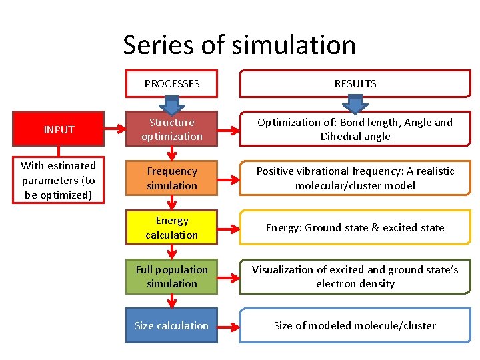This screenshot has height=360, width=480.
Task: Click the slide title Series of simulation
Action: [x=239, y=45]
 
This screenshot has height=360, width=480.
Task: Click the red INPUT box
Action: [x=59, y=129]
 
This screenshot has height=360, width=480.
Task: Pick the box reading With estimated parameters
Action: [x=59, y=180]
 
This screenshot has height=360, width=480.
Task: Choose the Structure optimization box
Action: [x=172, y=129]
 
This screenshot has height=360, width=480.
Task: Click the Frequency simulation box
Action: [x=172, y=179]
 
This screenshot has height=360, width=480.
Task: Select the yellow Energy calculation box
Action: [x=172, y=227]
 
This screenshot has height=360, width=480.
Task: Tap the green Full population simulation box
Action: [x=172, y=277]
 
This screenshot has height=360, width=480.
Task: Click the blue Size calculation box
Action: [x=172, y=325]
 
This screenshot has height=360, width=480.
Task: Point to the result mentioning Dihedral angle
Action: [x=355, y=129]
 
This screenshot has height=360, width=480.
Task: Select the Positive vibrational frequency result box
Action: [x=355, y=179]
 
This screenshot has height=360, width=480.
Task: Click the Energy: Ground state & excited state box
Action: [x=355, y=227]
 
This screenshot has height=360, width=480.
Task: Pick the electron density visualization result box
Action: [x=355, y=277]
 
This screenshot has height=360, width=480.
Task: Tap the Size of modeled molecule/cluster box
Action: [x=355, y=325]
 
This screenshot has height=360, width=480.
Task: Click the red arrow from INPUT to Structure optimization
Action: [x=115, y=129]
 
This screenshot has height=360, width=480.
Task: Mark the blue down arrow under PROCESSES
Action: [x=172, y=105]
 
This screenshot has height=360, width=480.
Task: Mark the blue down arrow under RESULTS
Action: [x=355, y=105]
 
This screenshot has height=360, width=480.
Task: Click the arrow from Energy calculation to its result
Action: [x=228, y=228]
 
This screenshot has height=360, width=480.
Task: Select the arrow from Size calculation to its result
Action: [x=228, y=326]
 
